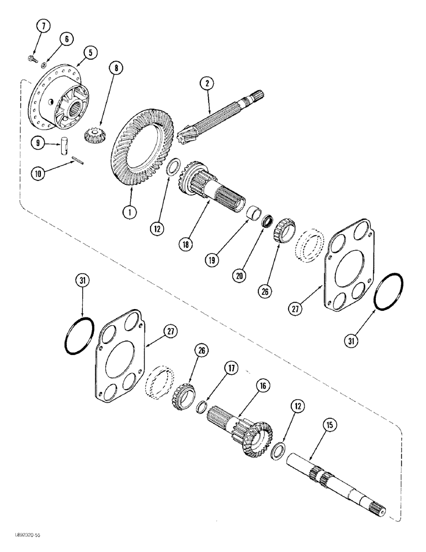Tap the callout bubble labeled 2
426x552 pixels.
coord(206,83)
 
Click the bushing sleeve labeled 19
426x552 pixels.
coord(255,211)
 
